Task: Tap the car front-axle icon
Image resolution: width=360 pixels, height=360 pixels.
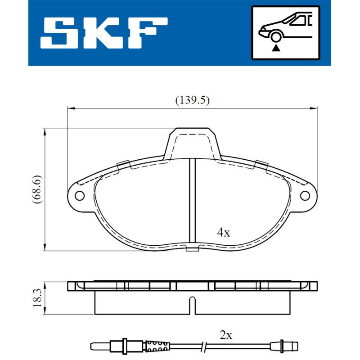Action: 285,32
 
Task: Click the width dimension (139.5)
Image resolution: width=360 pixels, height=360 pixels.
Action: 192,101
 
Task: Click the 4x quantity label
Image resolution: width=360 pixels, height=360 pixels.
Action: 223,232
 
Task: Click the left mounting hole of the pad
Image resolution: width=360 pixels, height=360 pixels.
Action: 80,196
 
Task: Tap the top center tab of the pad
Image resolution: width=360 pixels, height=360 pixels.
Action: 192,142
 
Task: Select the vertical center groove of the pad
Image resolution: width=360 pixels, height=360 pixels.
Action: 192,202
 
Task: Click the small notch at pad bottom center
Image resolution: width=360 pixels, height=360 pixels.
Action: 192,249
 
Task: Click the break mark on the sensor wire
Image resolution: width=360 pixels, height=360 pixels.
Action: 205,346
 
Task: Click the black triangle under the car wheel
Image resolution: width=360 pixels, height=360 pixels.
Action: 275,46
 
